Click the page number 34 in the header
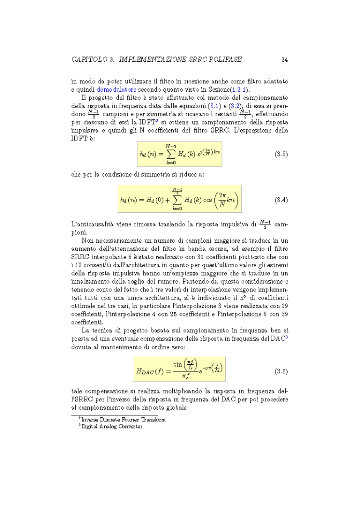coord(284,60)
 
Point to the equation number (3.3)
coord(281,154)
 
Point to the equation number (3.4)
coord(281,200)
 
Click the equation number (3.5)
coord(281,371)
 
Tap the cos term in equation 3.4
coord(210,200)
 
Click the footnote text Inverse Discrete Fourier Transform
coord(123,420)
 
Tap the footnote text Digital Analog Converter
coord(112,426)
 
